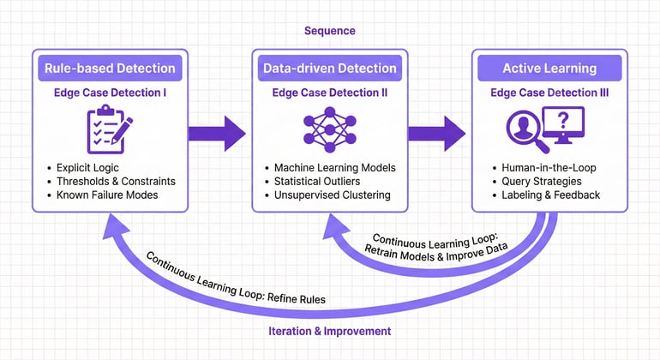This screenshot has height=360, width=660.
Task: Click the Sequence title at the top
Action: pos(329,31)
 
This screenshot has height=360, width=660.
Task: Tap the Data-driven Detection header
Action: pos(328,69)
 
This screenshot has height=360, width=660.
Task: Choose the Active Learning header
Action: pos(549,69)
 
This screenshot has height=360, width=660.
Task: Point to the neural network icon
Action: pos(328,129)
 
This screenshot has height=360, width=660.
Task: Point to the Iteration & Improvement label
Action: pos(330,331)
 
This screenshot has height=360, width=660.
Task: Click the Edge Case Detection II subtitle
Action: pos(328,93)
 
